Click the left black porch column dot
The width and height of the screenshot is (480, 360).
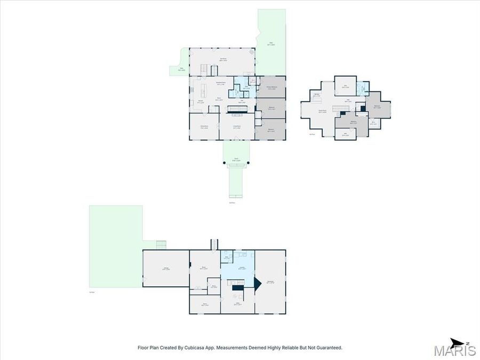coord(224,162)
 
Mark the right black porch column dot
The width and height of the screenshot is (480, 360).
coord(247,162)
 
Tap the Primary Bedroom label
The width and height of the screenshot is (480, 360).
coord(271,87)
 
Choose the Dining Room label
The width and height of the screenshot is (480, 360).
coord(204,127)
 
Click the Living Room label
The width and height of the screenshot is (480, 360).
coord(237,127)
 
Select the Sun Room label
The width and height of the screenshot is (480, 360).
coord(223,60)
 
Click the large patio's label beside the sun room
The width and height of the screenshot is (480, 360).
coord(271,44)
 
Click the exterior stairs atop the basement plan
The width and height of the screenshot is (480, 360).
coord(213,244)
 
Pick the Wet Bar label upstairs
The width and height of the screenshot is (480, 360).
coord(316,95)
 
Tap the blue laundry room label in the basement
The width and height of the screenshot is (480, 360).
coord(241,268)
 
